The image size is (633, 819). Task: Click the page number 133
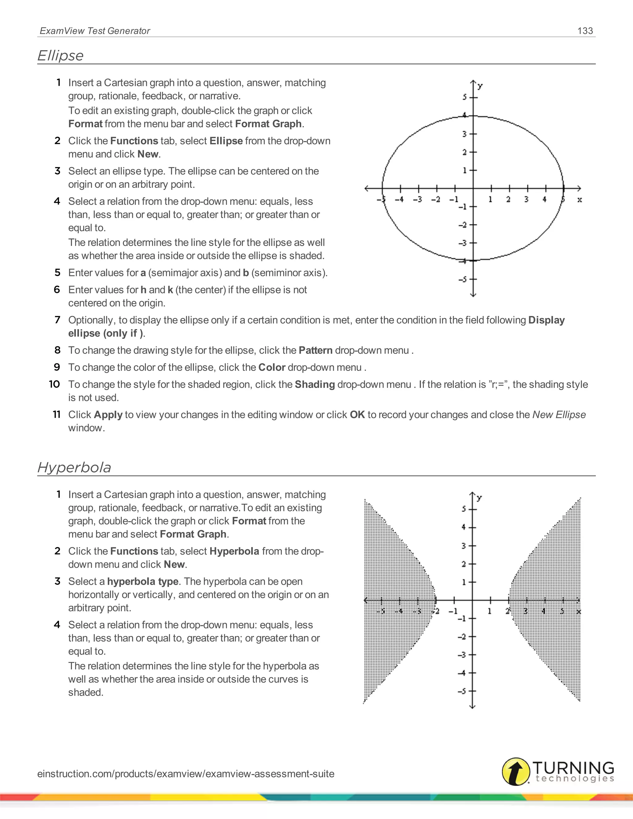585,31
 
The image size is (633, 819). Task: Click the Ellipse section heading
60,56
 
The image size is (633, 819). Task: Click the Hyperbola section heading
74,467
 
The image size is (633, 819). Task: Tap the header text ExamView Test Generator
95,31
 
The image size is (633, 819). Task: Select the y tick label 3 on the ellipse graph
464,134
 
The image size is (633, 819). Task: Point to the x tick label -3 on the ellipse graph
417,200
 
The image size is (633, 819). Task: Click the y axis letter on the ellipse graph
480,86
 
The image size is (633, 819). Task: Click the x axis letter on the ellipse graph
580,200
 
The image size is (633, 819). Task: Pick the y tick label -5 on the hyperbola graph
462,691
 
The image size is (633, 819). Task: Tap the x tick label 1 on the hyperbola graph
489,611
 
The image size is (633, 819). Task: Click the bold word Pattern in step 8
315,350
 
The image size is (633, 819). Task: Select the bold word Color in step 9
272,367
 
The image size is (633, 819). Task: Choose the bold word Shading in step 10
315,384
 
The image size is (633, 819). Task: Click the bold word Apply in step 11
108,414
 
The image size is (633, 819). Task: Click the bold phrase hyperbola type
142,581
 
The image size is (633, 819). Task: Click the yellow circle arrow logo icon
516,771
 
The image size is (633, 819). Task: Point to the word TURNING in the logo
573,768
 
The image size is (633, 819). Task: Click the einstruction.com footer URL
186,774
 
